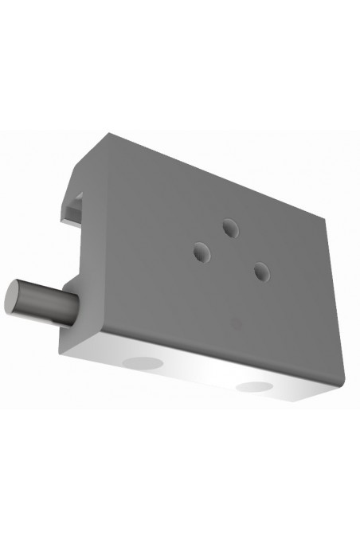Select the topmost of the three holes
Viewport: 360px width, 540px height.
point(231,229)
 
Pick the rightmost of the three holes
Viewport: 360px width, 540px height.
point(260,272)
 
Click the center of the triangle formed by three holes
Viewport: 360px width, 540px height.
point(230,252)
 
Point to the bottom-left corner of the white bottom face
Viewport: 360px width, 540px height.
point(62,344)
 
